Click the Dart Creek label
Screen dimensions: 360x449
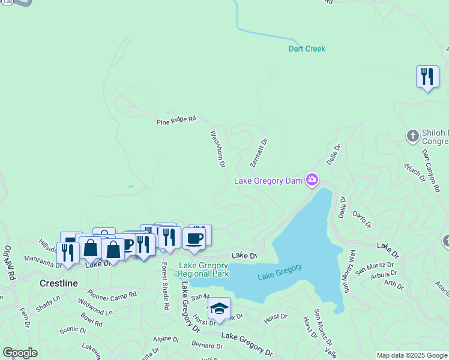coord(307,49)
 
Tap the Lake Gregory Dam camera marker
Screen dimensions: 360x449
coord(312,179)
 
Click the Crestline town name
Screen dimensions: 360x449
coord(58,283)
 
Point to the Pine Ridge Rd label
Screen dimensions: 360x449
coord(176,120)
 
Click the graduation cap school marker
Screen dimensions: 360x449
coord(219,308)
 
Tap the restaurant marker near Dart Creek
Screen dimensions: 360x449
coord(427,77)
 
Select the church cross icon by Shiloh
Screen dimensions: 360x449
coord(412,136)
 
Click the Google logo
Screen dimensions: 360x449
coord(20,353)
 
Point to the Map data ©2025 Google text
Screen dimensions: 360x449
coord(412,355)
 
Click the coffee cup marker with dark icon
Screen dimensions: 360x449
coord(194,238)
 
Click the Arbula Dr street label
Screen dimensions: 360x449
coord(384,275)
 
